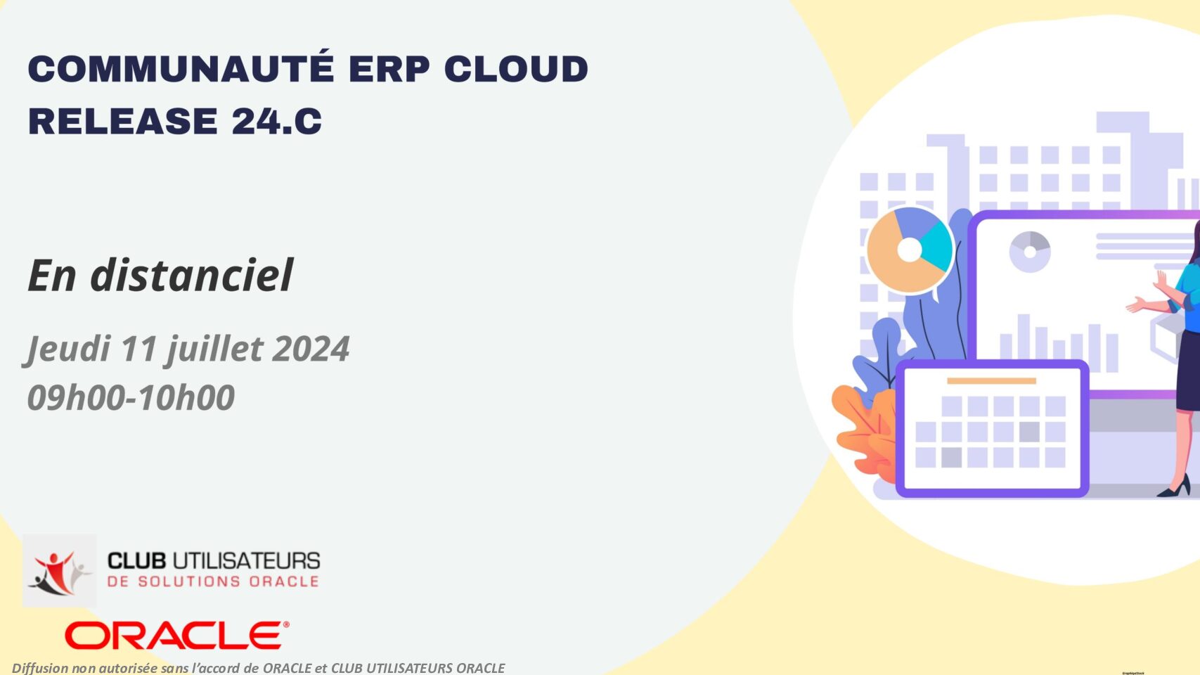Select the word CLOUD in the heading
(516, 69)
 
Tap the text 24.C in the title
(277, 120)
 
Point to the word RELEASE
(123, 120)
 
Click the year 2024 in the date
(311, 349)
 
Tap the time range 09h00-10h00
(131, 397)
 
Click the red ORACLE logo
(176, 636)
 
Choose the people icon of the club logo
(60, 572)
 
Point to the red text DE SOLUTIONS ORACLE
(213, 581)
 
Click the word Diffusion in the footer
(40, 668)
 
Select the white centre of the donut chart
(909, 250)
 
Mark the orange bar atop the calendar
(992, 381)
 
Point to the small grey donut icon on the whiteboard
(1030, 252)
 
